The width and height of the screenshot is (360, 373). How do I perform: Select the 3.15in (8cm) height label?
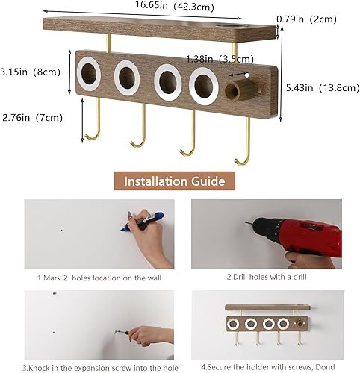click(31, 72)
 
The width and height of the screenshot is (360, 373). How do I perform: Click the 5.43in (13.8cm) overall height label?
click(322, 87)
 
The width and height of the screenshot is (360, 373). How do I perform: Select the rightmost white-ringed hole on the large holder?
click(203, 84)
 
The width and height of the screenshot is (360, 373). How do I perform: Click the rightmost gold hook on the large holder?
click(243, 145)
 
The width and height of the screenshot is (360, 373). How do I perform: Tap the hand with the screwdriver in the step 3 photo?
click(153, 335)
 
